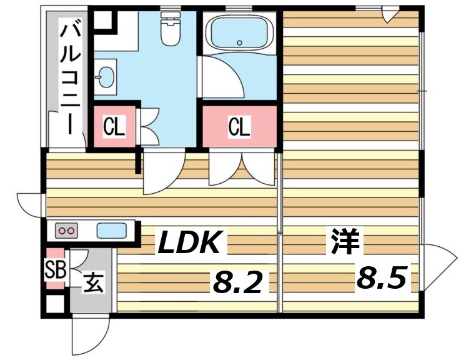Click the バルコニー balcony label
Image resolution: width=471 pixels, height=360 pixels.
68,78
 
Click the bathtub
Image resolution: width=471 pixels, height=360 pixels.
240,35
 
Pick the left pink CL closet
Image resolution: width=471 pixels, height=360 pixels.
114,127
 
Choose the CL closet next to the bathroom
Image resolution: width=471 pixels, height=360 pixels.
239,127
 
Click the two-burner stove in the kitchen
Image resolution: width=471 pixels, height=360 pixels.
66,231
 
